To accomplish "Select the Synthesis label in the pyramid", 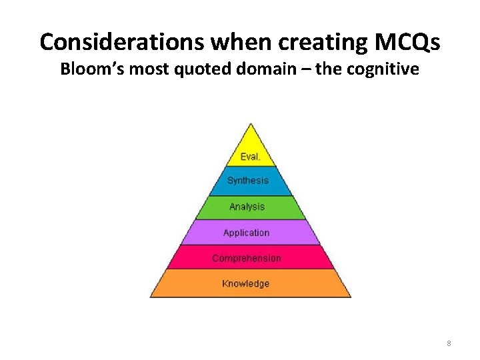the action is (247, 181).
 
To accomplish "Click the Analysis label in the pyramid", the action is (247, 207).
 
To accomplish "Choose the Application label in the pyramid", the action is (246, 233).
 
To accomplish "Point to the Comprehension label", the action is (246, 258).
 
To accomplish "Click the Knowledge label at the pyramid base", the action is (246, 283).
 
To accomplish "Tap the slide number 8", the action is (449, 343).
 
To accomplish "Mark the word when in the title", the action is (237, 42).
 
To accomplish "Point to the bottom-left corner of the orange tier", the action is (151, 296).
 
